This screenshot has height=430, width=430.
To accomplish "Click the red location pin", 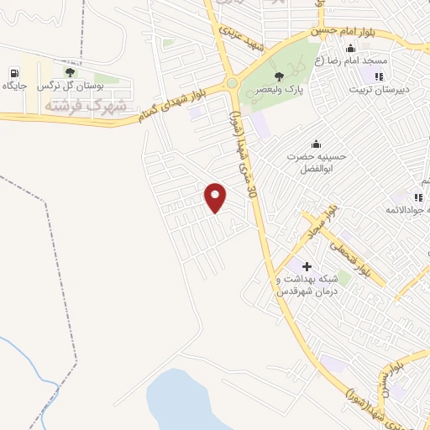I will pyautogui.click(x=216, y=197).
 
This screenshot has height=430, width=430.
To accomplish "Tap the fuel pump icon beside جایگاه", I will pyautogui.click(x=15, y=73).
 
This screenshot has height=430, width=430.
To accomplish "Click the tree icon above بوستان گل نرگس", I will pyautogui.click(x=71, y=73).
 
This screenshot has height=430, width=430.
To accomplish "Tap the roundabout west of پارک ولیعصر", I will pyautogui.click(x=230, y=84).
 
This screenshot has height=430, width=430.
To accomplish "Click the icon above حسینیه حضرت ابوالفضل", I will pyautogui.click(x=316, y=144).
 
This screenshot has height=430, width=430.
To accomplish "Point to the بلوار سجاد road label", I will pyautogui.click(x=322, y=219).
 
